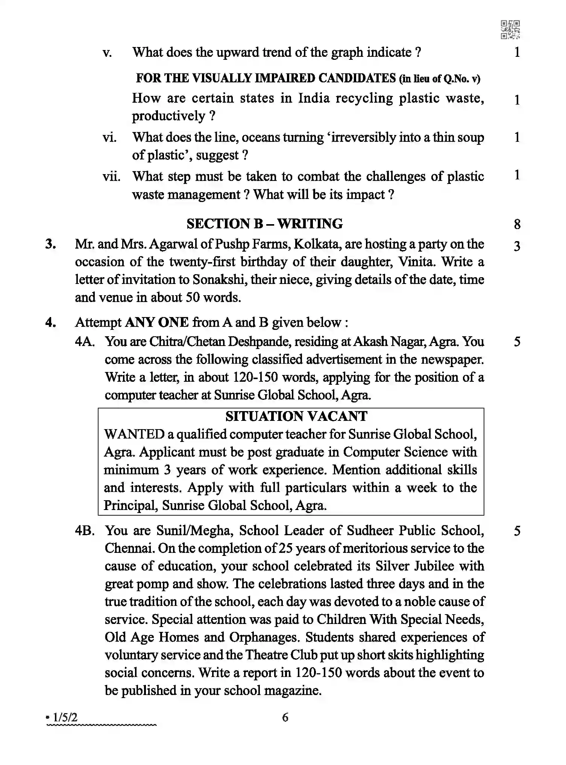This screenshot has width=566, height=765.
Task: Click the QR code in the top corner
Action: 510,30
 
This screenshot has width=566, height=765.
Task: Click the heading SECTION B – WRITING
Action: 264,224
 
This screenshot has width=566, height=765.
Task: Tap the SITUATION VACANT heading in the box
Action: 296,416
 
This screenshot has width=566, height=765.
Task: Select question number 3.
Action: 50,244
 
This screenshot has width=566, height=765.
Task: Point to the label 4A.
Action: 84,342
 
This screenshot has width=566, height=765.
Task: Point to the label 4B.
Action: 84,531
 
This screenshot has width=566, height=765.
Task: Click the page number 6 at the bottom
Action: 285,718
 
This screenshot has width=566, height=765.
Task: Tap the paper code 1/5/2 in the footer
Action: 65,718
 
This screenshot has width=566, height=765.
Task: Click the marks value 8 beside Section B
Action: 517,225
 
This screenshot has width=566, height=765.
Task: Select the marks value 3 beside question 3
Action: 517,246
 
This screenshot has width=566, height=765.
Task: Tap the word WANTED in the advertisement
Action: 134,434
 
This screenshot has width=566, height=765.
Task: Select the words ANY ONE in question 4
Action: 156,323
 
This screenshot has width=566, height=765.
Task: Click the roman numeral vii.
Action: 111,176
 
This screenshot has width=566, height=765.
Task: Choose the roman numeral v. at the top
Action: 107,53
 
